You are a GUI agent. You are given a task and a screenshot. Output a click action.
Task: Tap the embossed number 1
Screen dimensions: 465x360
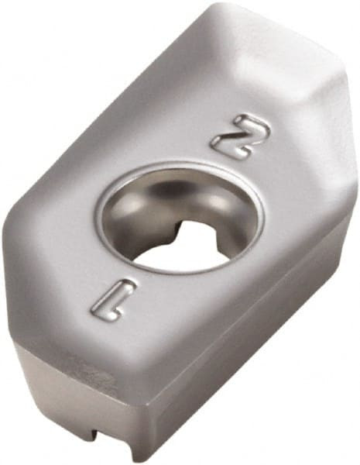coord(113,299)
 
